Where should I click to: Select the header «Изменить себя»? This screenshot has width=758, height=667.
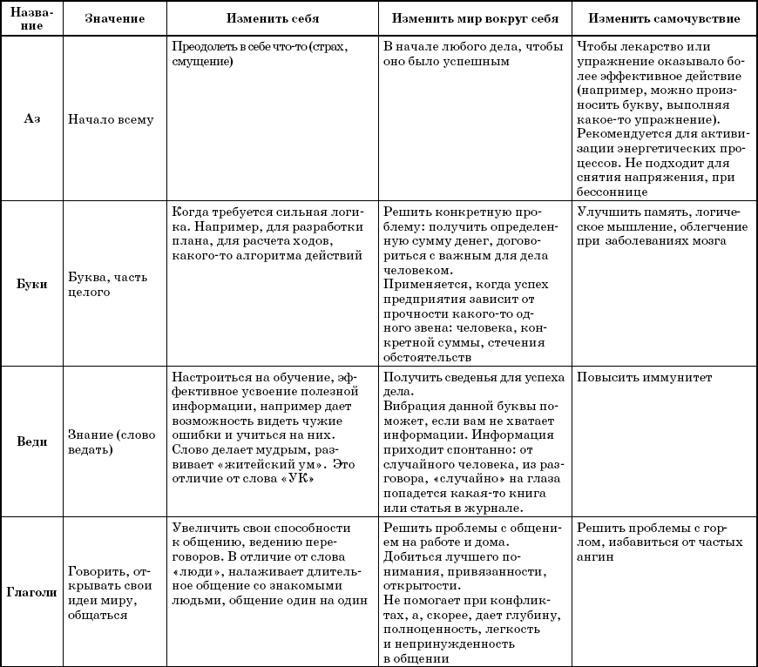click(x=272, y=18)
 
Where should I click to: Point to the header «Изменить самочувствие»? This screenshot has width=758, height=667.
click(x=665, y=18)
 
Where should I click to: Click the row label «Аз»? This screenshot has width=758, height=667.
click(x=31, y=119)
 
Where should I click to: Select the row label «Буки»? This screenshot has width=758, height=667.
click(x=31, y=285)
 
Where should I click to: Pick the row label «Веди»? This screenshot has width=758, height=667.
click(x=31, y=441)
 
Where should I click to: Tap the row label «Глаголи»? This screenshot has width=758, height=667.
click(x=31, y=592)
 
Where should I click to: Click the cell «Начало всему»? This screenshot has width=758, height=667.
click(x=111, y=119)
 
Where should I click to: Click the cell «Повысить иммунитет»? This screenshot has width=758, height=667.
click(x=644, y=378)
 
